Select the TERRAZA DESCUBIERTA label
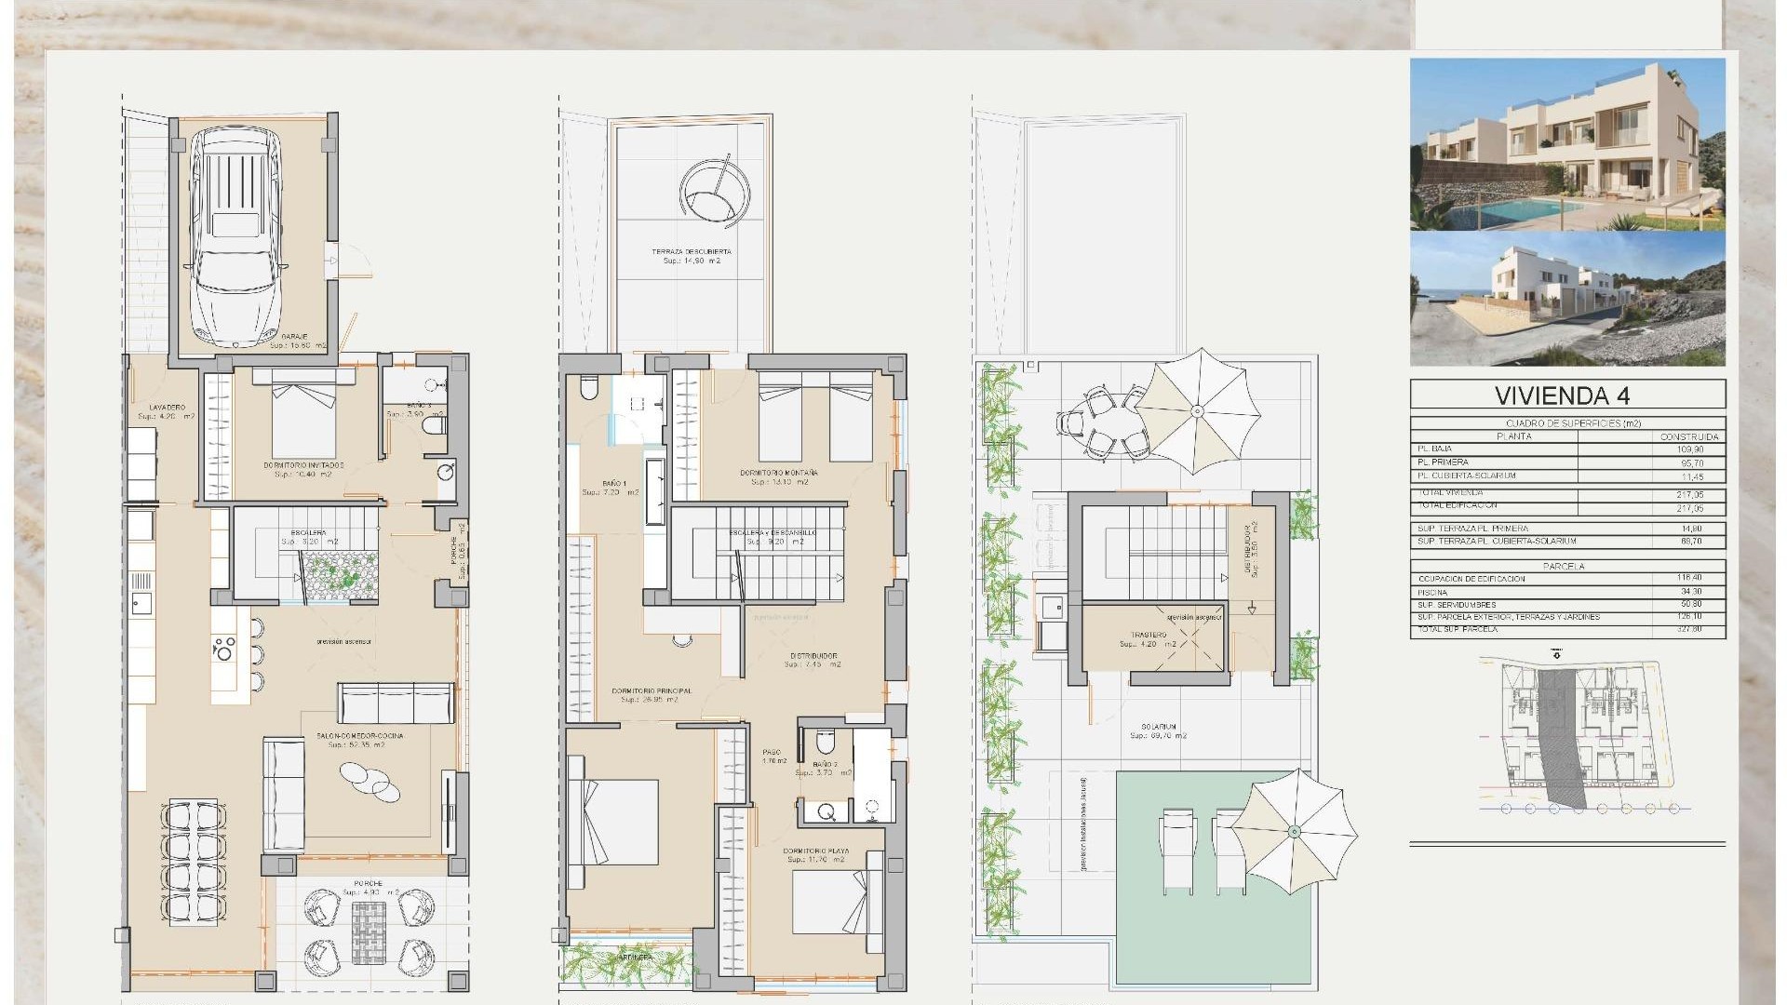point(691,252)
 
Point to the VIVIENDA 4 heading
point(1567,395)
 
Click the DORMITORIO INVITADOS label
point(303,464)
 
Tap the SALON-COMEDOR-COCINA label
point(359,736)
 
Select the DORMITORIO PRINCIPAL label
point(652,691)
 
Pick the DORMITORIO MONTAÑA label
point(779,474)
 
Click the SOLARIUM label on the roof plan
point(1161,727)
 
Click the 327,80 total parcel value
point(1689,630)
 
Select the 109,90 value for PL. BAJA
point(1689,449)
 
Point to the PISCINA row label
point(1433,592)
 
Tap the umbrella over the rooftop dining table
point(1198,411)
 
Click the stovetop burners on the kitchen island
point(223,647)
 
